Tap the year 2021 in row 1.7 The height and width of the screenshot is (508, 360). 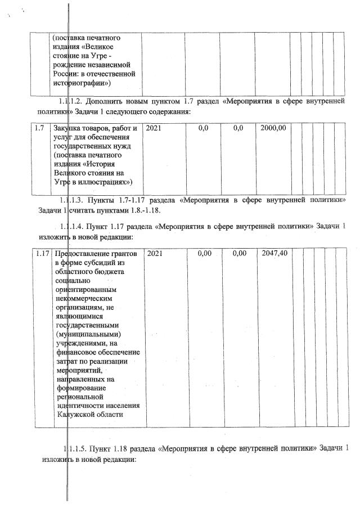coord(154,129)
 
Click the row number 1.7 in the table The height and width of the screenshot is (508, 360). coord(39,129)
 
